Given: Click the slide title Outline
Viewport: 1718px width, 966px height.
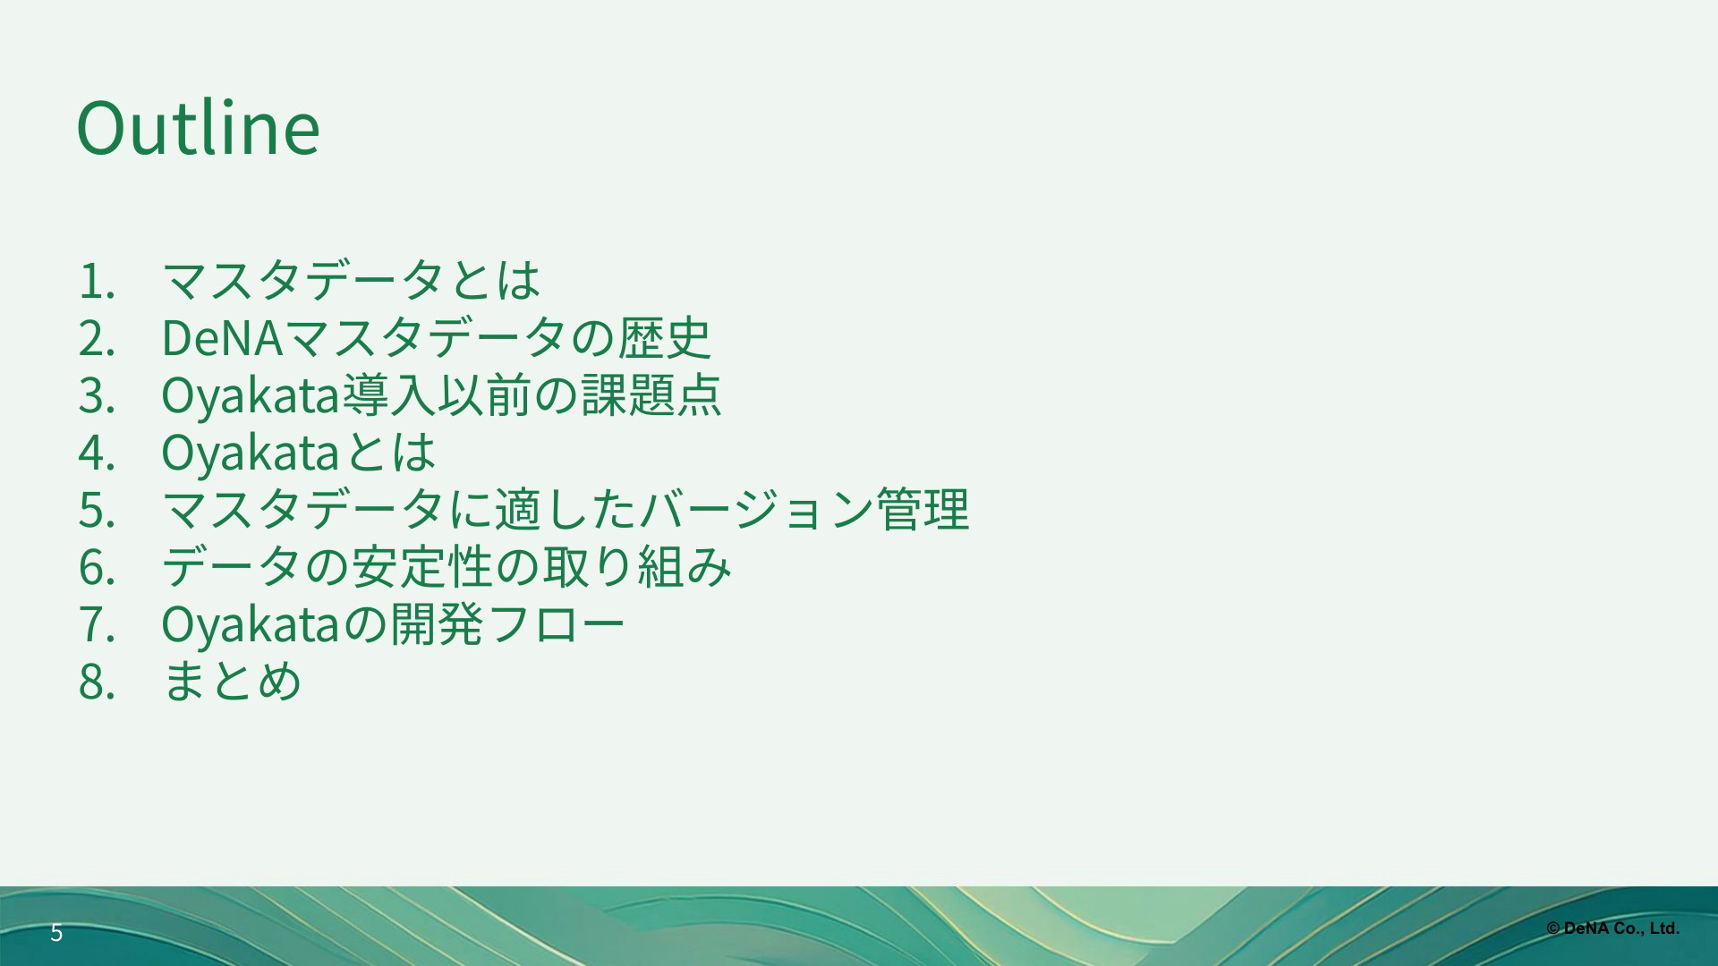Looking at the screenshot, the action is click(x=199, y=128).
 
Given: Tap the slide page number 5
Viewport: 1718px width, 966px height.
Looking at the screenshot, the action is click(x=56, y=933).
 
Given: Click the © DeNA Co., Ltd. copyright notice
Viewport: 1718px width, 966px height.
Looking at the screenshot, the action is click(x=1612, y=929).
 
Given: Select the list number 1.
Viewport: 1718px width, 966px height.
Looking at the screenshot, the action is click(x=96, y=281).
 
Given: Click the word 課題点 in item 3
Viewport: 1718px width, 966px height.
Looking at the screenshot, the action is click(x=651, y=395).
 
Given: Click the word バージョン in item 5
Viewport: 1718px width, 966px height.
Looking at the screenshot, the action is click(x=754, y=510).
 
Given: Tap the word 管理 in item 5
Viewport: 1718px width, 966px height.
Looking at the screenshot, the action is click(x=922, y=510).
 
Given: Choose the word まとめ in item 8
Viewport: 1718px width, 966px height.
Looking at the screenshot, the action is click(x=232, y=682).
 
